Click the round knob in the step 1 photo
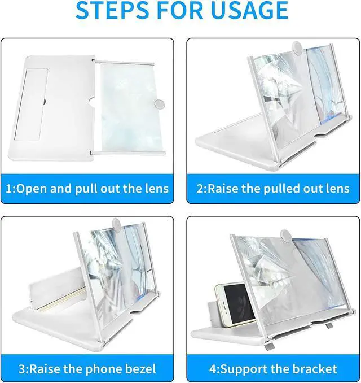(159, 105)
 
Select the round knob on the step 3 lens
(117, 225)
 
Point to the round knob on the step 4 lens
(286, 236)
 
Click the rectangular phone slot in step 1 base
(31, 105)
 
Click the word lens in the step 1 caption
(156, 189)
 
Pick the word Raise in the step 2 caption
(222, 189)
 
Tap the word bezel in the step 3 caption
(142, 369)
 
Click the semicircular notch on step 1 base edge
(91, 102)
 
